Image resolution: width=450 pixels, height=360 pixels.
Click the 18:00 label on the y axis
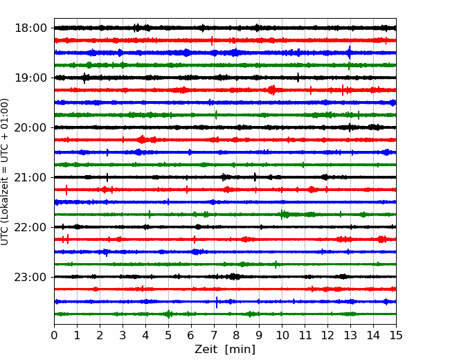tap(30, 28)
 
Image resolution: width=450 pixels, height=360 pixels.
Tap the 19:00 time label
tap(30, 78)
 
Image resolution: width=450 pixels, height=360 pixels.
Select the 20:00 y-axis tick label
tap(30, 127)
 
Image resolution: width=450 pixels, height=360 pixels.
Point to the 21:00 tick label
tap(30, 177)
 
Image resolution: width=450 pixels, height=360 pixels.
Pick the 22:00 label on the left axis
tap(30, 227)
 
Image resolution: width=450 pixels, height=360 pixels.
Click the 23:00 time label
tap(30, 277)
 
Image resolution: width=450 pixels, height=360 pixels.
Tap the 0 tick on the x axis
tap(54, 335)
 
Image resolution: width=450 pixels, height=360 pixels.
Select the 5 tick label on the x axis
tap(168, 335)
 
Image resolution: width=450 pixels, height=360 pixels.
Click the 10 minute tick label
tap(282, 335)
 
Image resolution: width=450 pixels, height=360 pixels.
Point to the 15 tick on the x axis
tap(396, 335)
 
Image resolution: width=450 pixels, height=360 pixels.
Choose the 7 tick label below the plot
tap(214, 335)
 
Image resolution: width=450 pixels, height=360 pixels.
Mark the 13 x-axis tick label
tap(350, 335)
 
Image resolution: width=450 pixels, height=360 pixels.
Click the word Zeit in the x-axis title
tap(206, 350)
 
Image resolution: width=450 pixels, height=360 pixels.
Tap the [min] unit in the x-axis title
tap(240, 350)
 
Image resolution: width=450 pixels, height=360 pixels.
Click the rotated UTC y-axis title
tap(5, 172)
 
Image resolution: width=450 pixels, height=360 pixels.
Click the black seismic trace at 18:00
tap(225, 28)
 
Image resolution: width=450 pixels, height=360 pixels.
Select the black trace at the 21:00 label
tap(225, 177)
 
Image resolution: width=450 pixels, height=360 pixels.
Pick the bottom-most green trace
tap(225, 314)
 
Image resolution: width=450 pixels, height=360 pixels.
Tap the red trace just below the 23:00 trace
tap(225, 289)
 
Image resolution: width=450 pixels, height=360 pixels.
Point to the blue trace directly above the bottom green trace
tap(225, 302)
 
